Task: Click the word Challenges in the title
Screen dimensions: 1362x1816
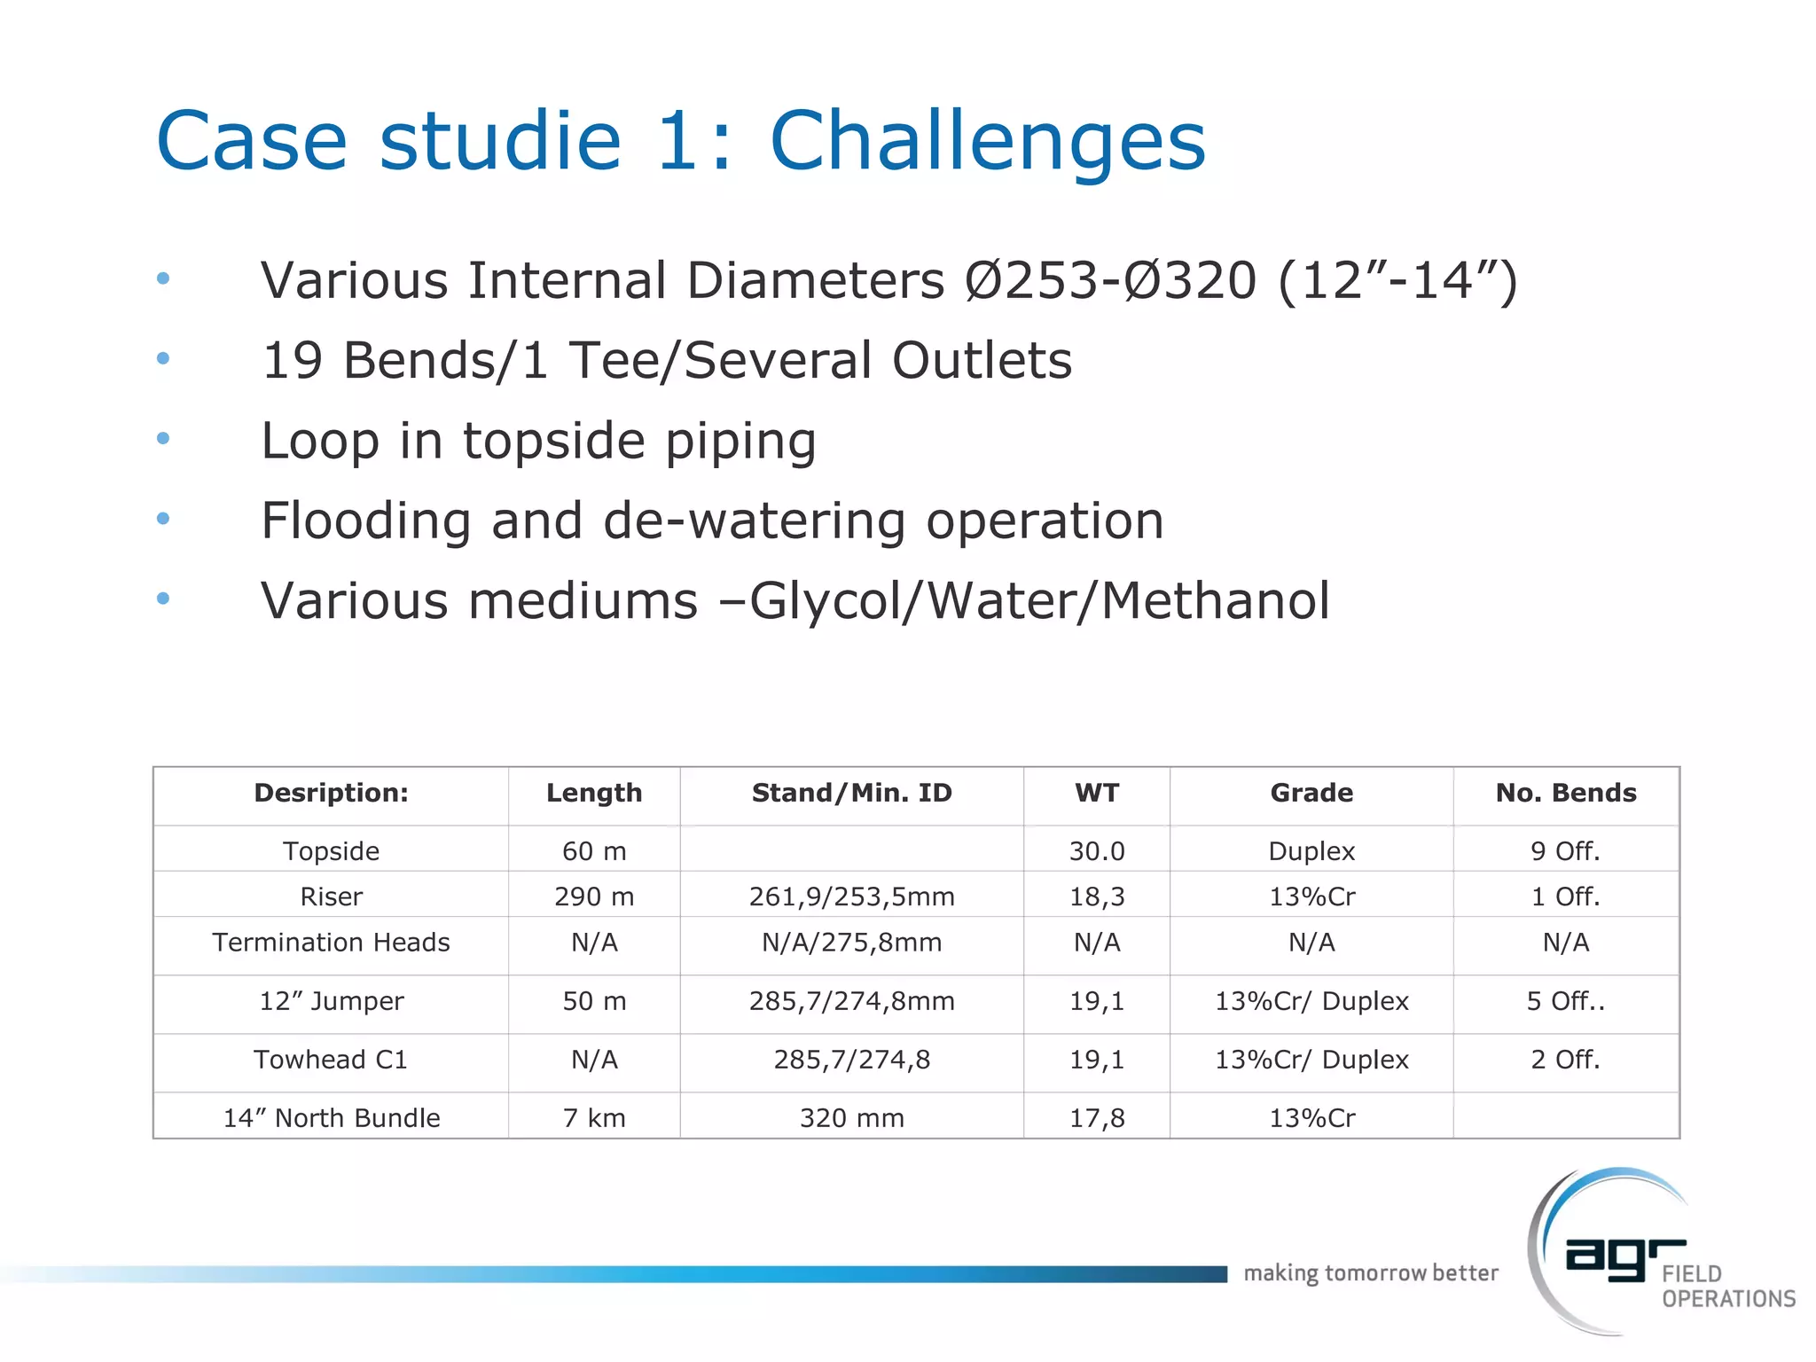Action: (987, 142)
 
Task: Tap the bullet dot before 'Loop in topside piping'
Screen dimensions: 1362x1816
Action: (163, 438)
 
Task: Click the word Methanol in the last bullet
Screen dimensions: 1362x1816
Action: (1215, 600)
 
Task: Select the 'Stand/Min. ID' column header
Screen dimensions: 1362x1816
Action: (851, 793)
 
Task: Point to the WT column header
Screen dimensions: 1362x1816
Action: (1097, 793)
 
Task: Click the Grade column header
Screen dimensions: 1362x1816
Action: (1311, 793)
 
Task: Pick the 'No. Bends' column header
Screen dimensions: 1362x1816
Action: (1566, 793)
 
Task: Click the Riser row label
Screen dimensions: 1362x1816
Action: (331, 896)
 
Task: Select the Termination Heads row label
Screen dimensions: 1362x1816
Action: (331, 943)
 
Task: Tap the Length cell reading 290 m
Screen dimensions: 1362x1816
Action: (594, 896)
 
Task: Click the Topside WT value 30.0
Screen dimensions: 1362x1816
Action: (1097, 851)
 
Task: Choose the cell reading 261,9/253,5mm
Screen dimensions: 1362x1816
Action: (851, 896)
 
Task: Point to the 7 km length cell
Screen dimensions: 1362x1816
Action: (594, 1118)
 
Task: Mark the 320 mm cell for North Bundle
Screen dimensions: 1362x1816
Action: (851, 1118)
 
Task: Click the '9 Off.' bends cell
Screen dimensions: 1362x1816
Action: (1566, 851)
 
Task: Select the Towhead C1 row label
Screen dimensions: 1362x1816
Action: (331, 1060)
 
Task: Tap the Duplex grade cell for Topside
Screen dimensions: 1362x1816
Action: (1311, 851)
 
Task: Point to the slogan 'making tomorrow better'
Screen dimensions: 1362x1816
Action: (1371, 1273)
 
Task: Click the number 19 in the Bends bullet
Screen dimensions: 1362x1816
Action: (293, 361)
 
